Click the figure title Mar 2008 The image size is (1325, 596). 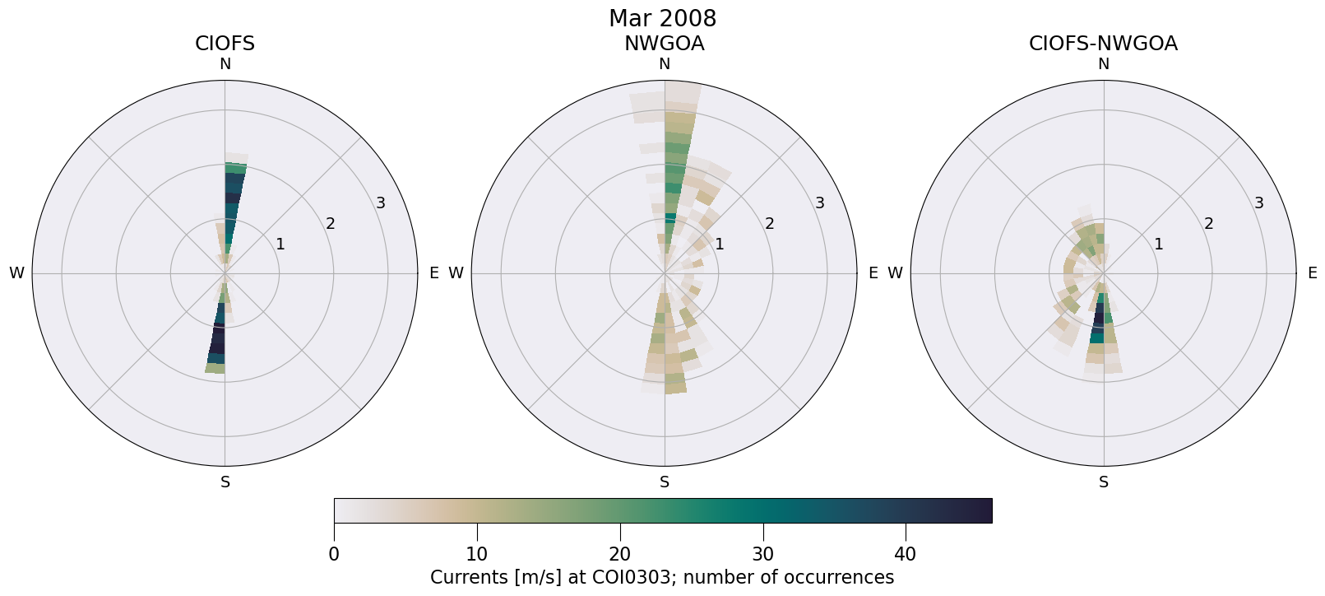662,18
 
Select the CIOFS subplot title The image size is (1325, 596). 225,44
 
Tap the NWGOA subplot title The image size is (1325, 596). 664,44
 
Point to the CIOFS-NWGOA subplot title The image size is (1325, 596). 1103,44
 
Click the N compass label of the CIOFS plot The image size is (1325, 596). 225,64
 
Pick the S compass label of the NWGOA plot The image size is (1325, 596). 664,482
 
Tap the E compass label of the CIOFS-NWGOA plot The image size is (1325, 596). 1312,273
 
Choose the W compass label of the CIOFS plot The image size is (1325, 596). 16,273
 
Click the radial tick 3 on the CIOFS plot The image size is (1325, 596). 381,203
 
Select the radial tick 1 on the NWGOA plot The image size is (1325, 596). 720,244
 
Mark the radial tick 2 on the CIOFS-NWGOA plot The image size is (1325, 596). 1209,224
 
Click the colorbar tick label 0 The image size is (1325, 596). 334,555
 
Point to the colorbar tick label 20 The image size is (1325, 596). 619,555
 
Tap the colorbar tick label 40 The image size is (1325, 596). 905,555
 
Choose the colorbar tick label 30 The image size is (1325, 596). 762,555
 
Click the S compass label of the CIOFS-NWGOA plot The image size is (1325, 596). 1103,482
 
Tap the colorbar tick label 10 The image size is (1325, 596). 477,555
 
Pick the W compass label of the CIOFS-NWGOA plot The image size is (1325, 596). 895,273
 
